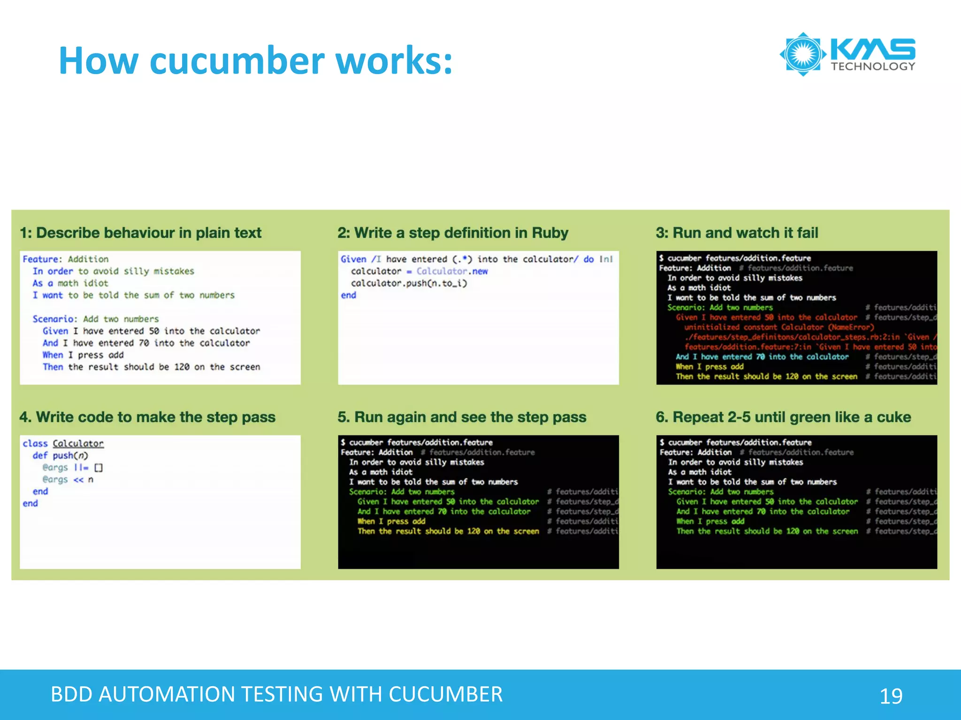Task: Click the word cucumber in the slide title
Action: click(237, 61)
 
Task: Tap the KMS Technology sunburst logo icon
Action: click(803, 54)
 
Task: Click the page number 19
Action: click(891, 696)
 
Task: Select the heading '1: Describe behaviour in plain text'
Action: click(140, 233)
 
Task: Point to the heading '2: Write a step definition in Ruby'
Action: click(453, 233)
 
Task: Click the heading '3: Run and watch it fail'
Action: click(737, 233)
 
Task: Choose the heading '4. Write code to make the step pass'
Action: click(147, 417)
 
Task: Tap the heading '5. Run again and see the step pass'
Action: click(462, 417)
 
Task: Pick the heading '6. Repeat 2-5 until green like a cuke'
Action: click(783, 417)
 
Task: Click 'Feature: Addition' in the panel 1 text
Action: click(65, 259)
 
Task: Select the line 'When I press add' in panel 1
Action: click(83, 355)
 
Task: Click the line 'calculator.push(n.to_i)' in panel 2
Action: click(409, 283)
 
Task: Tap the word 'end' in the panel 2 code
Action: click(348, 295)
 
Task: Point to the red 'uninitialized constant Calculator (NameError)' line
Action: click(779, 327)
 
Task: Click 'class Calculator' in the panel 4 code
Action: click(63, 443)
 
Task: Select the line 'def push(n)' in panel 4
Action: click(60, 456)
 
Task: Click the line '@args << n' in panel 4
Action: click(68, 480)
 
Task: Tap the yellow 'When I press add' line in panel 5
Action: click(391, 521)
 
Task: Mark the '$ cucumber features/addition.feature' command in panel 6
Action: click(735, 442)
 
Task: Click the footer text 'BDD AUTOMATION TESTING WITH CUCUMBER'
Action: click(276, 694)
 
